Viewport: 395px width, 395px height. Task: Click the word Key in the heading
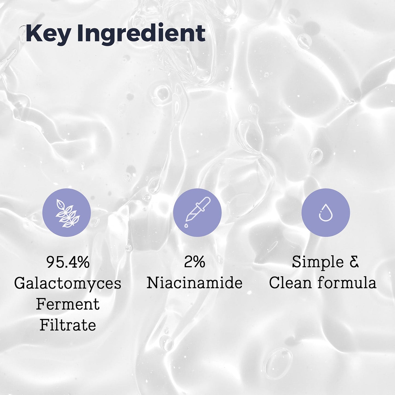[x=48, y=34]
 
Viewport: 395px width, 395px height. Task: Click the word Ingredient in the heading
[x=141, y=34]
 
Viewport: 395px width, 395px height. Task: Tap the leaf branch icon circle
[x=67, y=212]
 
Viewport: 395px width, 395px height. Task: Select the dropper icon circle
[x=197, y=212]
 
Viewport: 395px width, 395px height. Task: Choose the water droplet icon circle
[x=326, y=212]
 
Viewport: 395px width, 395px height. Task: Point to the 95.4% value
[x=68, y=262]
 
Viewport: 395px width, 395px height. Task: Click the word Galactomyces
[x=68, y=283]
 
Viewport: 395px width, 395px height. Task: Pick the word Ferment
[x=68, y=304]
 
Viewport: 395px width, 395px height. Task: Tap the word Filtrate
[x=68, y=325]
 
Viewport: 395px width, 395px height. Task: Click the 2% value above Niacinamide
[x=195, y=262]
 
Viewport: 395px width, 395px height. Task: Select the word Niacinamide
[x=195, y=283]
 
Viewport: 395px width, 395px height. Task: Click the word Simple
[x=318, y=262]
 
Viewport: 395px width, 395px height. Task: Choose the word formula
[x=347, y=283]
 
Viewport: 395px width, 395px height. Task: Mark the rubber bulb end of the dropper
[x=206, y=201]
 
